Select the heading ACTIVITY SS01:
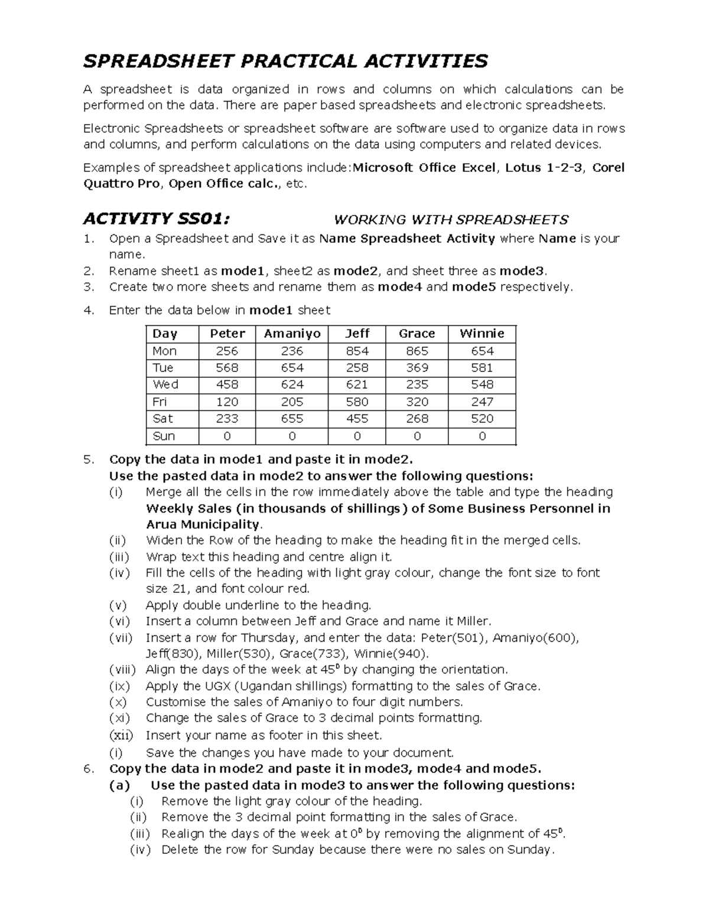[155, 219]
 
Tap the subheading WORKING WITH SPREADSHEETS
[451, 220]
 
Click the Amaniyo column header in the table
[292, 334]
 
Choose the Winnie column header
[482, 334]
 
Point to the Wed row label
[165, 384]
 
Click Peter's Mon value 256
[227, 351]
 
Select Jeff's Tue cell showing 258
[357, 368]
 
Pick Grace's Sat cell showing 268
[417, 419]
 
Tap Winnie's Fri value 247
[482, 402]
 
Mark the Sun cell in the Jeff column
[357, 436]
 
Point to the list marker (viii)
[122, 670]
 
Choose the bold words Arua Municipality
[203, 524]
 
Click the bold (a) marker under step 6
[120, 785]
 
